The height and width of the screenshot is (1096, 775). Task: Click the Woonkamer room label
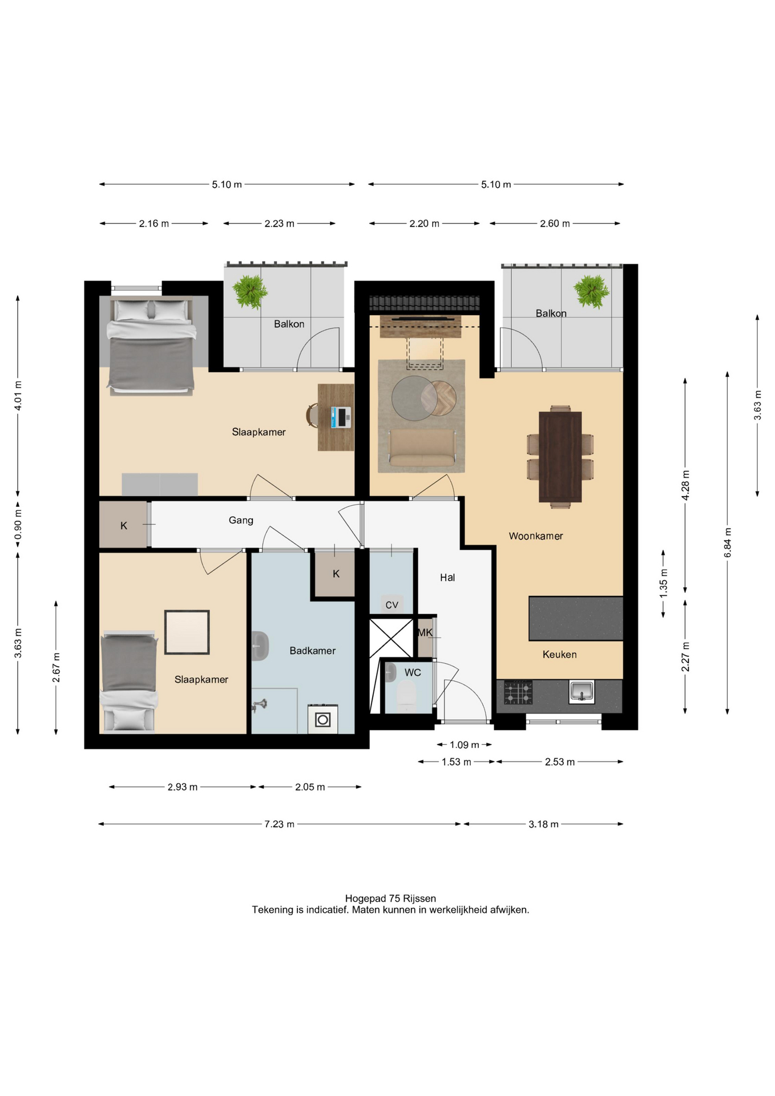click(x=535, y=536)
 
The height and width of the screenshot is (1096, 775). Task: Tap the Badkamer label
click(x=312, y=651)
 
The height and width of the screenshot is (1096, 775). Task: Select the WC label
click(x=413, y=672)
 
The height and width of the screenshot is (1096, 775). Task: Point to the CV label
click(x=391, y=605)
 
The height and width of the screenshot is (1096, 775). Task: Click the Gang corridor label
click(x=241, y=521)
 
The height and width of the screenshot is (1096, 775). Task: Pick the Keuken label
click(x=559, y=655)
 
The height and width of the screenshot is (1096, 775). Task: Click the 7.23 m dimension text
click(x=279, y=824)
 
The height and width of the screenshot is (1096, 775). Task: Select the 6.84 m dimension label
click(x=728, y=543)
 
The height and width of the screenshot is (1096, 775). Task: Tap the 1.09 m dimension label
click(x=465, y=745)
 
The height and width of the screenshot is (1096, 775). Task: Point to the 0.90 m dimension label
click(x=18, y=525)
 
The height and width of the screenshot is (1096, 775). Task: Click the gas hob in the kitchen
click(x=518, y=692)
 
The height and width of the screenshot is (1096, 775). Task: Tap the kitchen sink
click(x=582, y=692)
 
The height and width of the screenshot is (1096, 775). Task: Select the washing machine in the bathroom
click(x=322, y=719)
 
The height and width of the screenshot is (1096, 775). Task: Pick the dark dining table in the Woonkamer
click(x=560, y=457)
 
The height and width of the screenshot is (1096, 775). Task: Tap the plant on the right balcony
click(x=591, y=291)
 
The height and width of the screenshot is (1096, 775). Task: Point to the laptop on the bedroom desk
click(x=341, y=417)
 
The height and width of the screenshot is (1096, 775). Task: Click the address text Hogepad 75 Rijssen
click(x=390, y=898)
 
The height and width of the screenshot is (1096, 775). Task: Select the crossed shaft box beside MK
click(x=391, y=638)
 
